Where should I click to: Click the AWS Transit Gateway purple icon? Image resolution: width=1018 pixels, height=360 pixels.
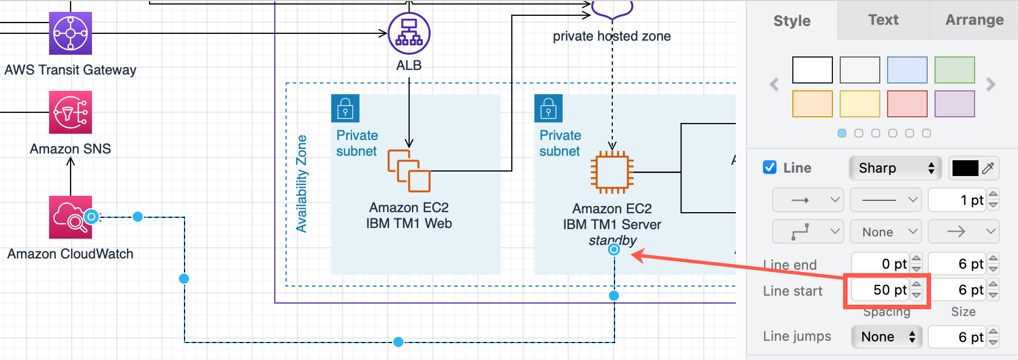[71, 33]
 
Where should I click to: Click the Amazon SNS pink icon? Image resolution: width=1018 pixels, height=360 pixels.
[71, 112]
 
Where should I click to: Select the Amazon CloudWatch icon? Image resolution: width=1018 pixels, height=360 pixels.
[70, 217]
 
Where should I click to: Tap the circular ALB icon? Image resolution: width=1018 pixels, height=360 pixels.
[409, 33]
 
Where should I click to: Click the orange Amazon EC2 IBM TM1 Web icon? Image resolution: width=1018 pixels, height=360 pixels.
[409, 171]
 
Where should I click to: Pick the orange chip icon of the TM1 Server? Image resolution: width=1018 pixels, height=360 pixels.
[612, 172]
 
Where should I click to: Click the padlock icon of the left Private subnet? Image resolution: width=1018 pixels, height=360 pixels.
[345, 108]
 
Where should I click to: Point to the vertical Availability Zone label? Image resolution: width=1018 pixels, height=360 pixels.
[302, 183]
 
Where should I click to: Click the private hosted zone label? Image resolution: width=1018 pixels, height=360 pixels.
[612, 36]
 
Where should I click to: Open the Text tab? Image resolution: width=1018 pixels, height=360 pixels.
[883, 20]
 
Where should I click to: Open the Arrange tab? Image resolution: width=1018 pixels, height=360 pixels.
[975, 20]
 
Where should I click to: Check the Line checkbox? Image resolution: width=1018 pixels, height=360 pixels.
[770, 168]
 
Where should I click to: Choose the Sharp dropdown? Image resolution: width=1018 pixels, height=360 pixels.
[895, 168]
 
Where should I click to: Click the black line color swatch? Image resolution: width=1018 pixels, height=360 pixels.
[965, 168]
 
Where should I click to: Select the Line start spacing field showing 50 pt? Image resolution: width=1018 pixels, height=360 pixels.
[880, 290]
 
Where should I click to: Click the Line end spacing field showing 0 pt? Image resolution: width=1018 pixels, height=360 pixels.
[880, 264]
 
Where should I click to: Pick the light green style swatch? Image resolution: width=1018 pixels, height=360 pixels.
[955, 70]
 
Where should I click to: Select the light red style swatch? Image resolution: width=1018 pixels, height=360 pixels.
[907, 104]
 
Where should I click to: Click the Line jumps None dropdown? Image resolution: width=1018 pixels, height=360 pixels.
[887, 337]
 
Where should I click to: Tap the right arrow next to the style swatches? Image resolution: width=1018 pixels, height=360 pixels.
[991, 85]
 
